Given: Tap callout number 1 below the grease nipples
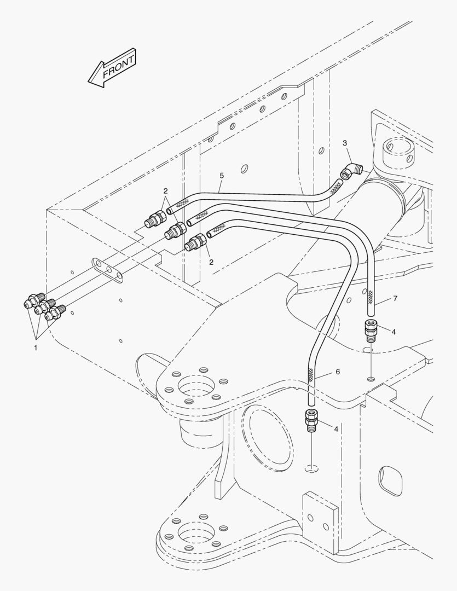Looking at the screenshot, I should click(36, 347).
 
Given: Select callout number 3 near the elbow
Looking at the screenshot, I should click(345, 143).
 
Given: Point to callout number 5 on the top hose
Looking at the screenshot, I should click(222, 175).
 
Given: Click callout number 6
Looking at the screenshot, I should click(338, 372).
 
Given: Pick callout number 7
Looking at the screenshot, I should click(395, 299).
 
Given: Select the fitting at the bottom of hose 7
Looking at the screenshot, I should click(371, 331).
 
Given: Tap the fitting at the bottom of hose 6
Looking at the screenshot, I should click(310, 420).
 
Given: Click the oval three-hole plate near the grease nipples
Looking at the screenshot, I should click(108, 270).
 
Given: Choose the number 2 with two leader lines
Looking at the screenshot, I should click(165, 191).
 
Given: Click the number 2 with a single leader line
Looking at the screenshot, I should click(211, 262).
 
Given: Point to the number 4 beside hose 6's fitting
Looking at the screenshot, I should click(336, 428).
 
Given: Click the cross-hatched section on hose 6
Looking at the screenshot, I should click(311, 375).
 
